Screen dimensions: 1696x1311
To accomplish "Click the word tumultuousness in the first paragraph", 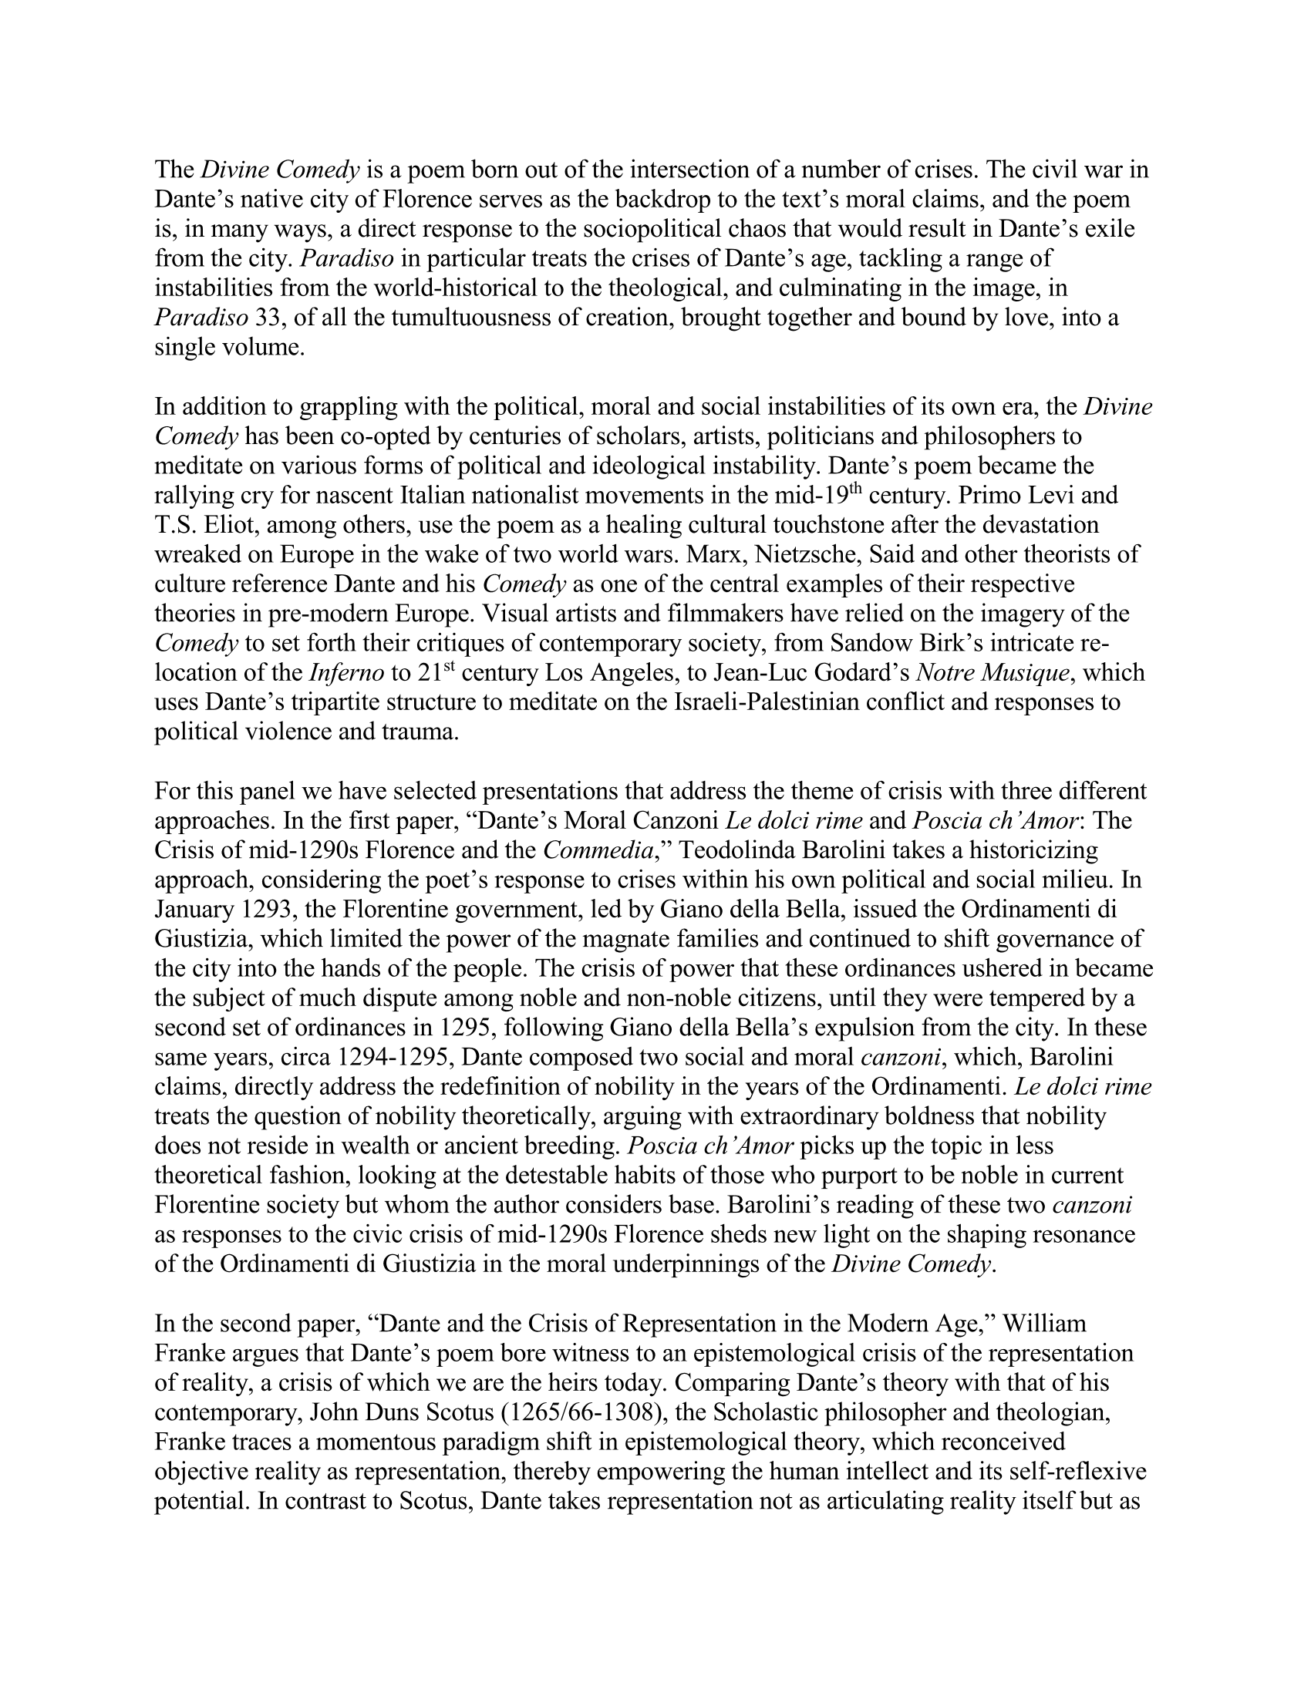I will (x=439, y=318).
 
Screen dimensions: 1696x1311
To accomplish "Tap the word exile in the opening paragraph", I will (x=1106, y=230).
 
